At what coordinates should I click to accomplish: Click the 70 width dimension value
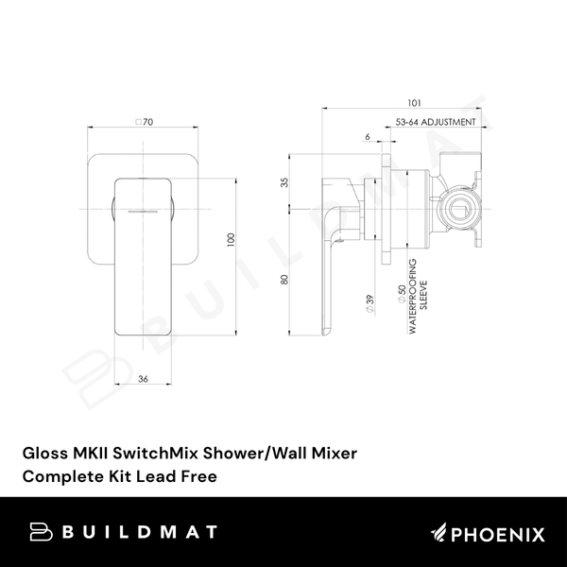click(148, 122)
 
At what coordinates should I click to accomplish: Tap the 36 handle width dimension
click(144, 379)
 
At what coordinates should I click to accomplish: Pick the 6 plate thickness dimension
click(367, 137)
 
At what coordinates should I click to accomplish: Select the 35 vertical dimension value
click(283, 182)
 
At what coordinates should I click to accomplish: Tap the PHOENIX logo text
click(501, 534)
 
